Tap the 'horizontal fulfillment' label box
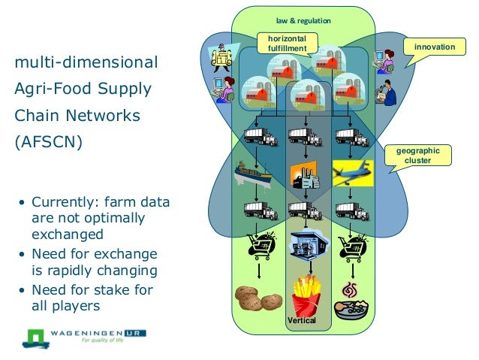coord(287,44)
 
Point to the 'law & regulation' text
coord(303,20)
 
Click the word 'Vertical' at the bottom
coord(303,321)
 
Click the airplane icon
coord(352,172)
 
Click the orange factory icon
coord(305,175)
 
